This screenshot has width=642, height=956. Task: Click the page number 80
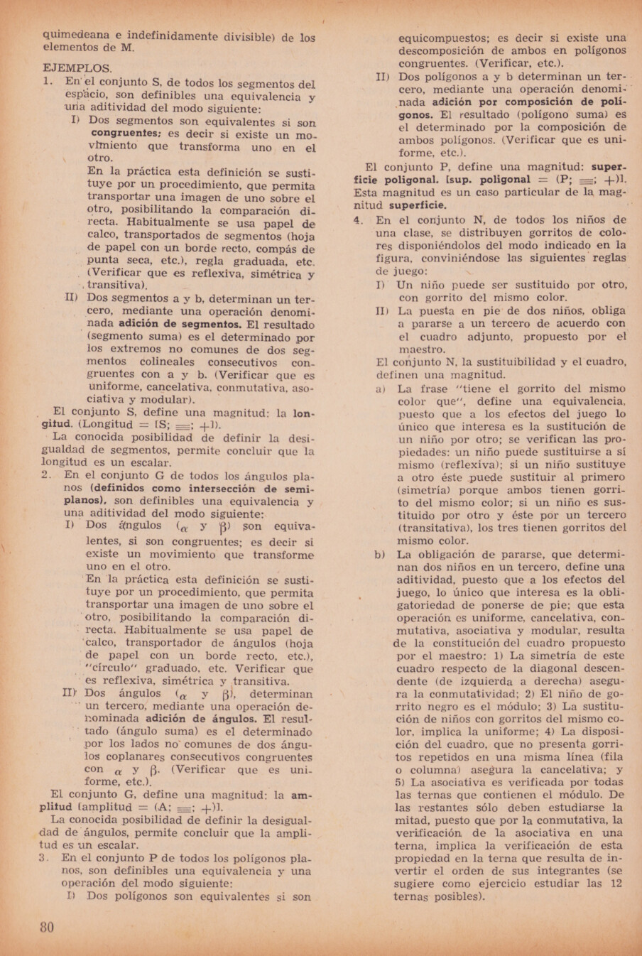click(x=48, y=927)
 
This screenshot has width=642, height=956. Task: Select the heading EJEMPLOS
click(x=77, y=69)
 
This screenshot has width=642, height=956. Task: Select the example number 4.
click(x=358, y=220)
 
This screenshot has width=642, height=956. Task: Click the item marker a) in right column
click(x=381, y=389)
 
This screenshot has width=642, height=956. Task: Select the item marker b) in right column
click(x=381, y=555)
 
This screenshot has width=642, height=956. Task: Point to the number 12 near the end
click(x=616, y=884)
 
